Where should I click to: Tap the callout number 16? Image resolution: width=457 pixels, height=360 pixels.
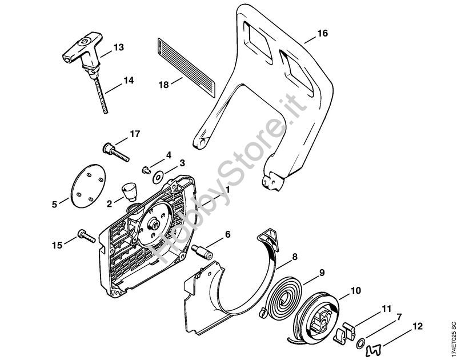322,33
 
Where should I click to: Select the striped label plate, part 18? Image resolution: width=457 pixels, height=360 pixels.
187,67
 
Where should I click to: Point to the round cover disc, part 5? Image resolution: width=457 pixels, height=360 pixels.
88,186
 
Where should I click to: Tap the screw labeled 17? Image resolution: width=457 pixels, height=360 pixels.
116,151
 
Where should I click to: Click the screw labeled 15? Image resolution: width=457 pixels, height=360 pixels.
87,236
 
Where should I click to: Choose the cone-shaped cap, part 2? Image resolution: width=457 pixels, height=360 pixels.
129,191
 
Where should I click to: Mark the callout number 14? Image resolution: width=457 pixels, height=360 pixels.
129,81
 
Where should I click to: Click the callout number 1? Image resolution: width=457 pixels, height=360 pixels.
227,190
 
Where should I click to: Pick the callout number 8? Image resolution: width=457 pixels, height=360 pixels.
295,257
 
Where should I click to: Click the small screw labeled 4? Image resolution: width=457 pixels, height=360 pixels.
146,170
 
